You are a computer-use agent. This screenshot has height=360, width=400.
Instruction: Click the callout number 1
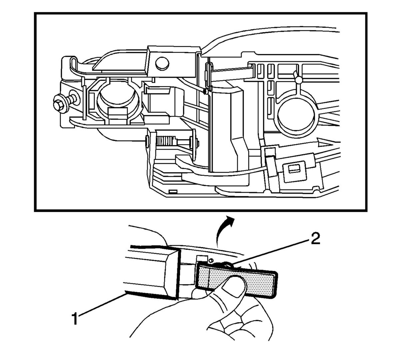click(75, 319)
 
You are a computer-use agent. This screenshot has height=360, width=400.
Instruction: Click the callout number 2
click(314, 239)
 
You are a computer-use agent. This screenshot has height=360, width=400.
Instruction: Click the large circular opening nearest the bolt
click(118, 101)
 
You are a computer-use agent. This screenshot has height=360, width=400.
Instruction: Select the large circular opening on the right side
click(296, 114)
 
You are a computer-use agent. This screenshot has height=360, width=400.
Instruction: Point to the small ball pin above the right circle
click(299, 80)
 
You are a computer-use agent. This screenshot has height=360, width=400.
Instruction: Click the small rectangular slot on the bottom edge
click(173, 191)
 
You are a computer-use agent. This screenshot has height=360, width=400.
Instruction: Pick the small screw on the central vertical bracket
click(205, 91)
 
